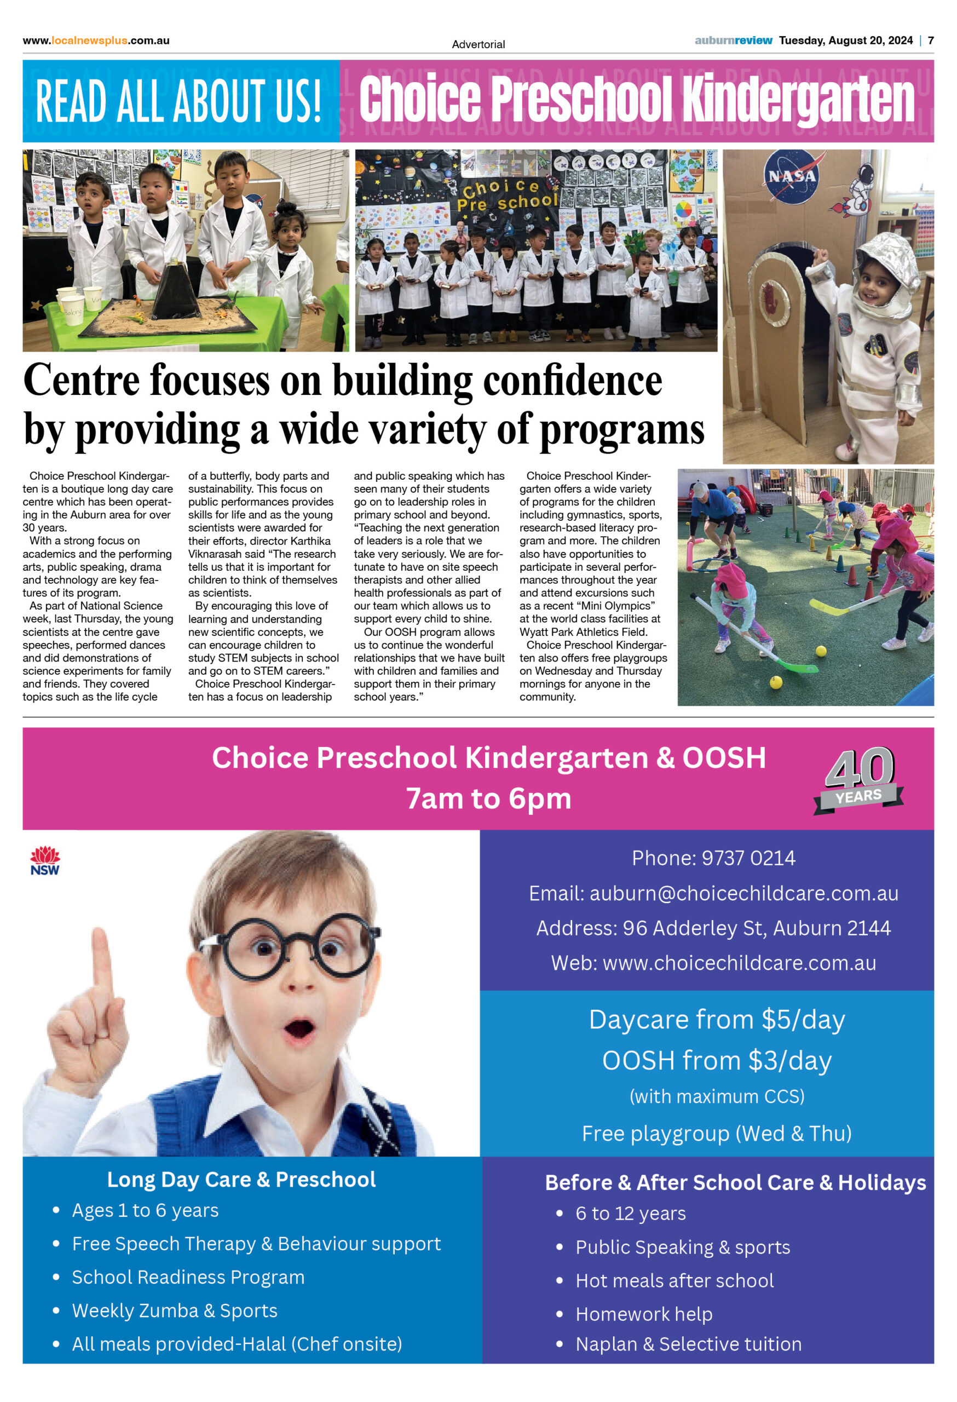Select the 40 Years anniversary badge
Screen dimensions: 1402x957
click(x=858, y=779)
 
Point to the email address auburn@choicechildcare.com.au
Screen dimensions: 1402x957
click(x=743, y=893)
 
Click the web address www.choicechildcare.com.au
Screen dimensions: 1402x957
click(x=739, y=963)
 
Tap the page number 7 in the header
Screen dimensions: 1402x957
click(x=931, y=41)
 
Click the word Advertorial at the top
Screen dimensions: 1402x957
click(x=478, y=44)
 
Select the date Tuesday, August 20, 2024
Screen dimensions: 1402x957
click(x=845, y=41)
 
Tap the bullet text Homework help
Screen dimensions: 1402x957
click(x=643, y=1314)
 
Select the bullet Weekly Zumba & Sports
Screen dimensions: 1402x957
click(x=174, y=1311)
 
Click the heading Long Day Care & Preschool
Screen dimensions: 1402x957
click(x=241, y=1180)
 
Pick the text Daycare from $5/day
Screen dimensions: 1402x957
click(x=717, y=1020)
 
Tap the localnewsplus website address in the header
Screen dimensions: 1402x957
click(x=96, y=41)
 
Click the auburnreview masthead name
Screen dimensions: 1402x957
click(x=733, y=41)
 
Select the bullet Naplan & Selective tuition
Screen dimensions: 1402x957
click(x=688, y=1344)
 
